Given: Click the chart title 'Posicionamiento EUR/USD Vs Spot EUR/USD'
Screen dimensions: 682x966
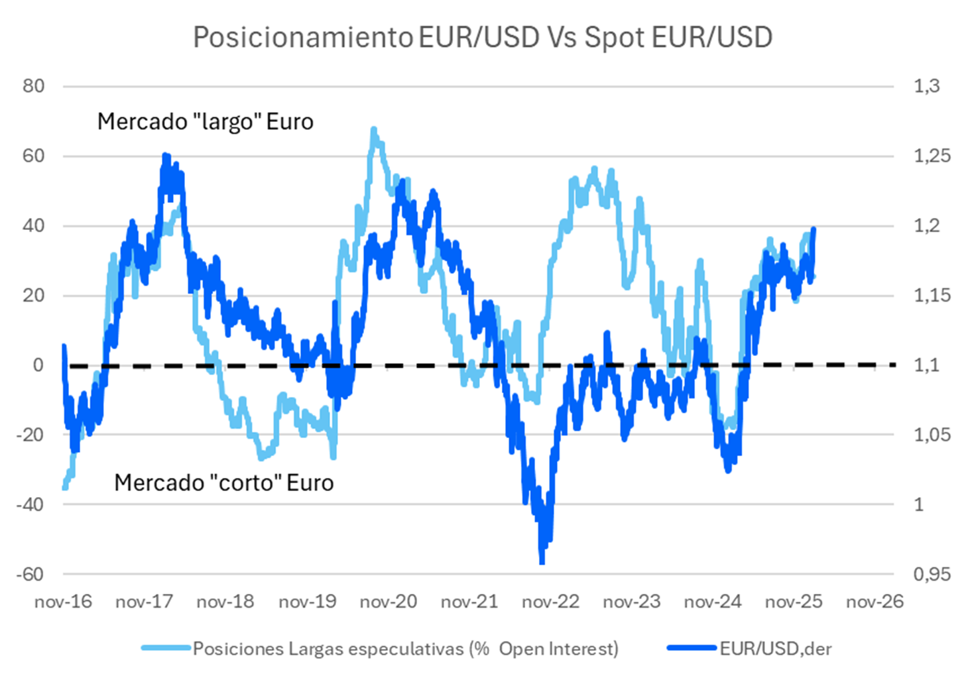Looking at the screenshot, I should tap(483, 37).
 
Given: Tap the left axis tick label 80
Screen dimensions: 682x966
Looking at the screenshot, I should tap(33, 86).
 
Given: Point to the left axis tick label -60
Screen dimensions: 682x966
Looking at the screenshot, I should tap(30, 574).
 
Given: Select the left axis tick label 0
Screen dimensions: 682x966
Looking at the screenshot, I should tap(38, 365).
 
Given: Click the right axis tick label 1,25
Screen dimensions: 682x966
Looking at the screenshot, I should tap(932, 156).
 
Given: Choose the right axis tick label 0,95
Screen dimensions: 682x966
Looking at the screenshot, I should tap(932, 574).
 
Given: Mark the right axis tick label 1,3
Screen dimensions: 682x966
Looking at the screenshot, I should tap(926, 86).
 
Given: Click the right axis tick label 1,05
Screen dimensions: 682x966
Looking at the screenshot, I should tap(932, 435).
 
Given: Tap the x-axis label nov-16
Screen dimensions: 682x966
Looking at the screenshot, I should tap(63, 602).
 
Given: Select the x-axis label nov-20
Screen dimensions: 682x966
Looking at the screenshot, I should tap(388, 602).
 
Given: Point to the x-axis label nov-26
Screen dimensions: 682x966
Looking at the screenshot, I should tap(875, 602).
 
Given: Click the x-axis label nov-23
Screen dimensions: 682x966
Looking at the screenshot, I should tap(631, 602).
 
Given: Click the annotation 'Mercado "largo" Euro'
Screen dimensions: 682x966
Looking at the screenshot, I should tap(205, 122).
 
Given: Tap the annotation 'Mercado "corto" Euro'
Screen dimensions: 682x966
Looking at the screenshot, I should tap(223, 483).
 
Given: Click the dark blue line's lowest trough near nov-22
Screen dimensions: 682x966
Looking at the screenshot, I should tap(542, 562).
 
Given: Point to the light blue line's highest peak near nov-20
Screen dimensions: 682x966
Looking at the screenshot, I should tap(374, 130).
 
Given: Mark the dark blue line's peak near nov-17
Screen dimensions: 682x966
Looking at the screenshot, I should tap(165, 156).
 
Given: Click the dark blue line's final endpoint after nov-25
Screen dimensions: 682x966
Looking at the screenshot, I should tap(814, 229).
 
